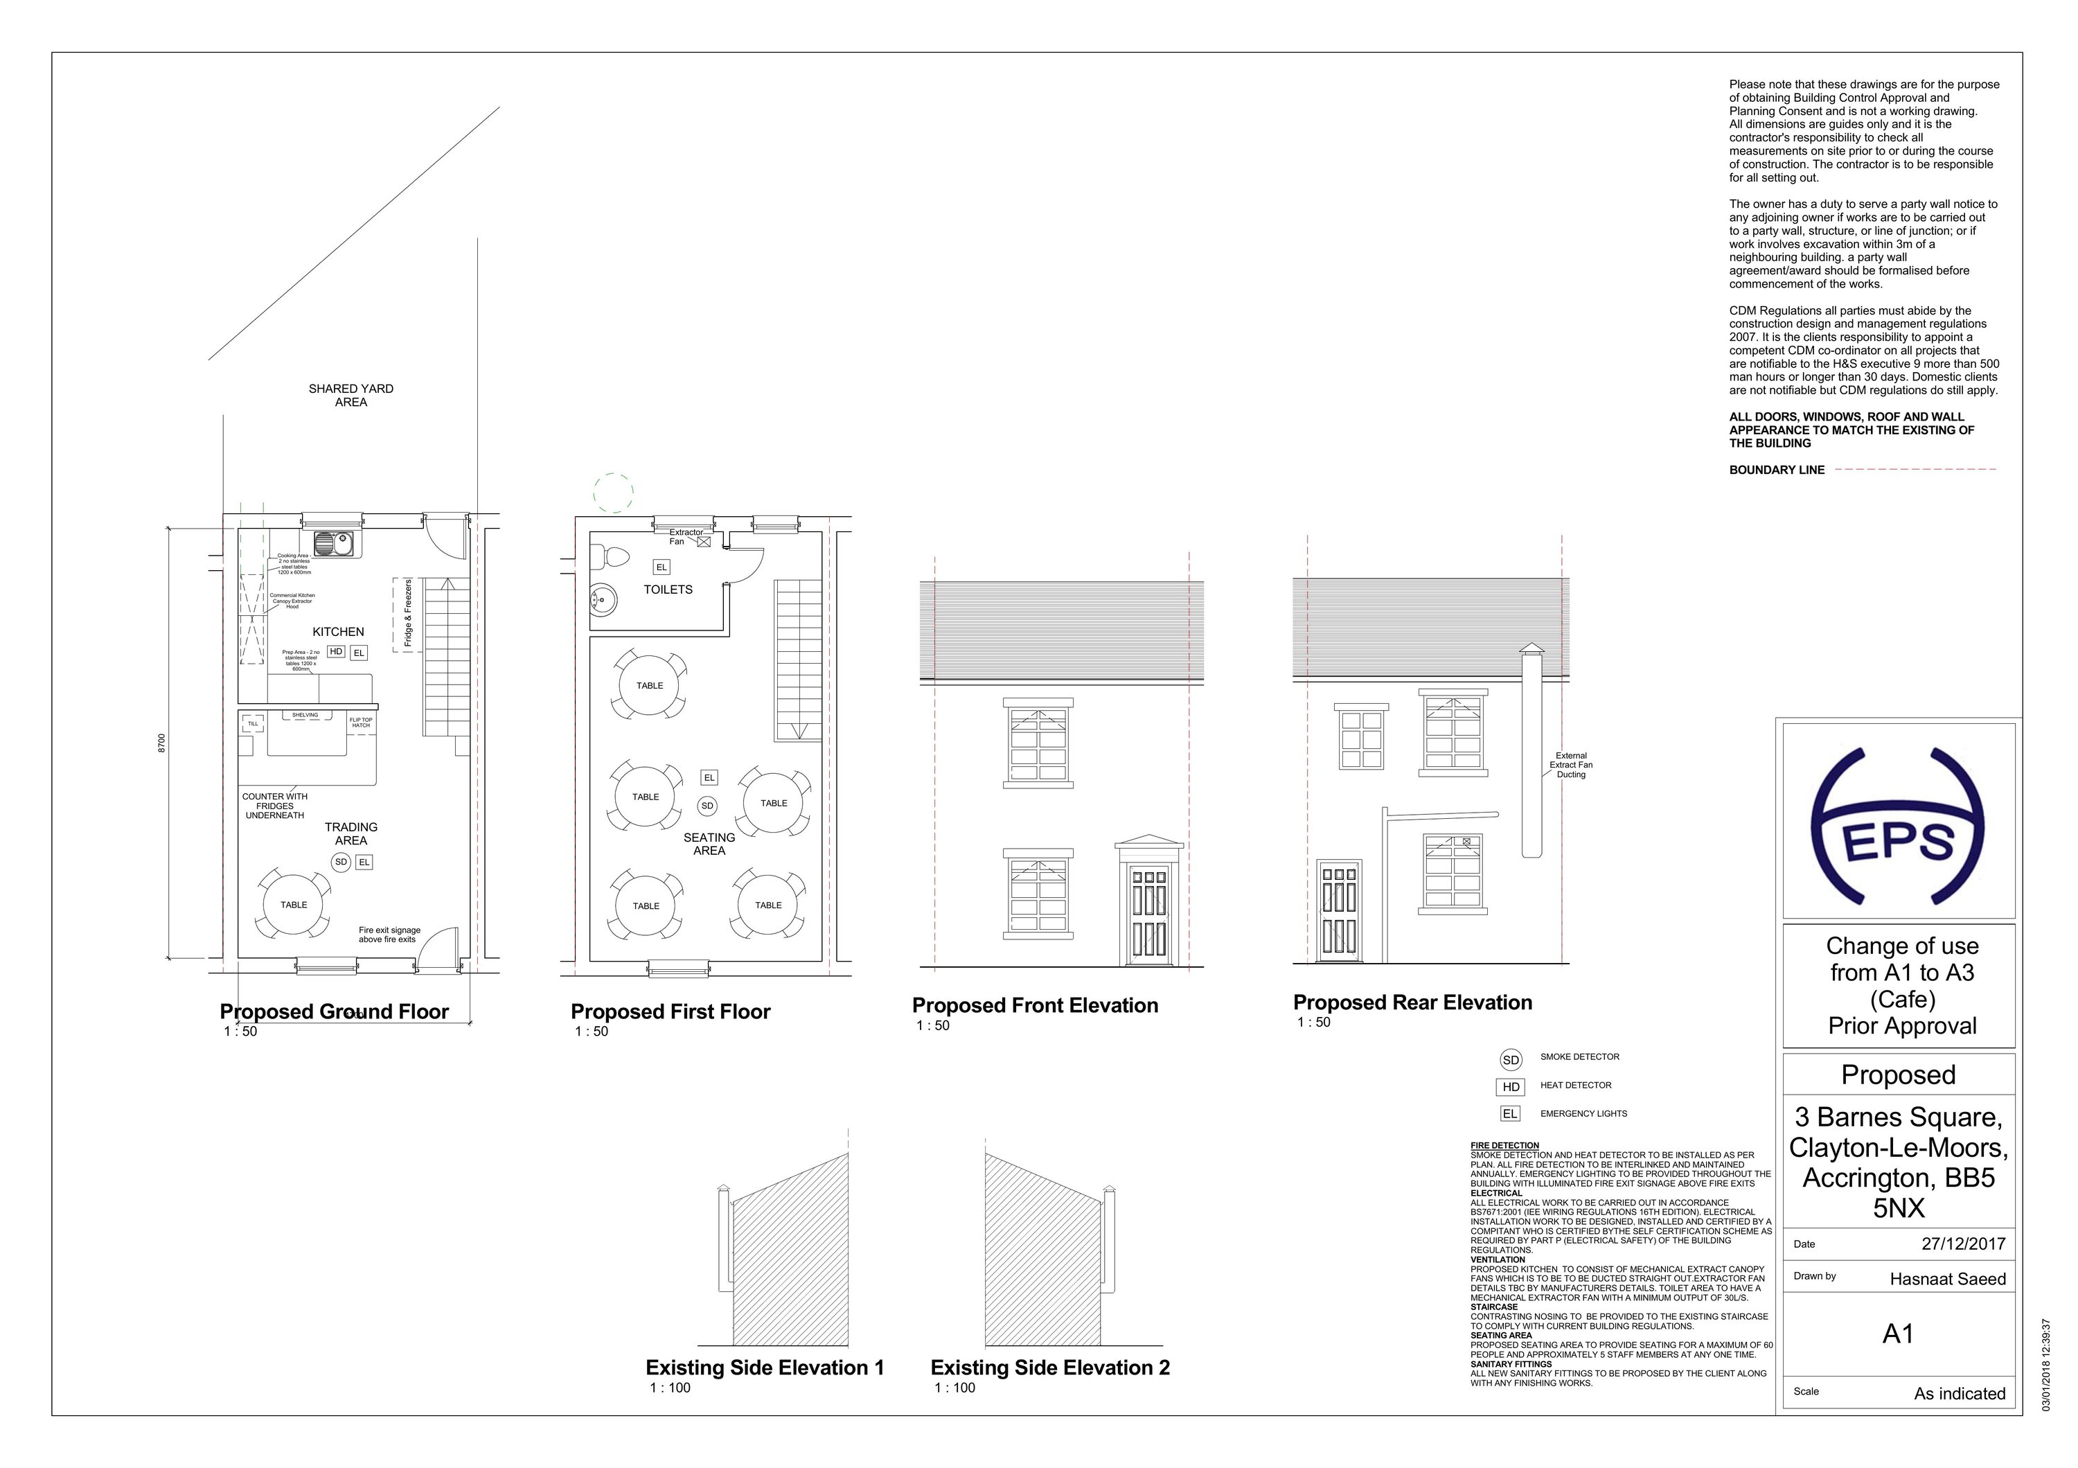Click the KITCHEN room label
(339, 632)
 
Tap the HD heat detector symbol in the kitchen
(336, 652)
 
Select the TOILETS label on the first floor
(668, 589)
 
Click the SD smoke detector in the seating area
(707, 806)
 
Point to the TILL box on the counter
(254, 724)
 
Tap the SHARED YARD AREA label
(351, 396)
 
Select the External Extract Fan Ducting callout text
(1571, 765)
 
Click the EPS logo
(1898, 826)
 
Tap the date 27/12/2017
(1963, 1244)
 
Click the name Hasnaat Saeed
(1947, 1279)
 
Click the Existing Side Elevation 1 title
(764, 1368)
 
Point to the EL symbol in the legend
(1509, 1114)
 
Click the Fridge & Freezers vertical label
(408, 614)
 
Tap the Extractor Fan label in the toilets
(685, 537)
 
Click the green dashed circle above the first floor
(614, 493)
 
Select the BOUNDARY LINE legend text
(1777, 470)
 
